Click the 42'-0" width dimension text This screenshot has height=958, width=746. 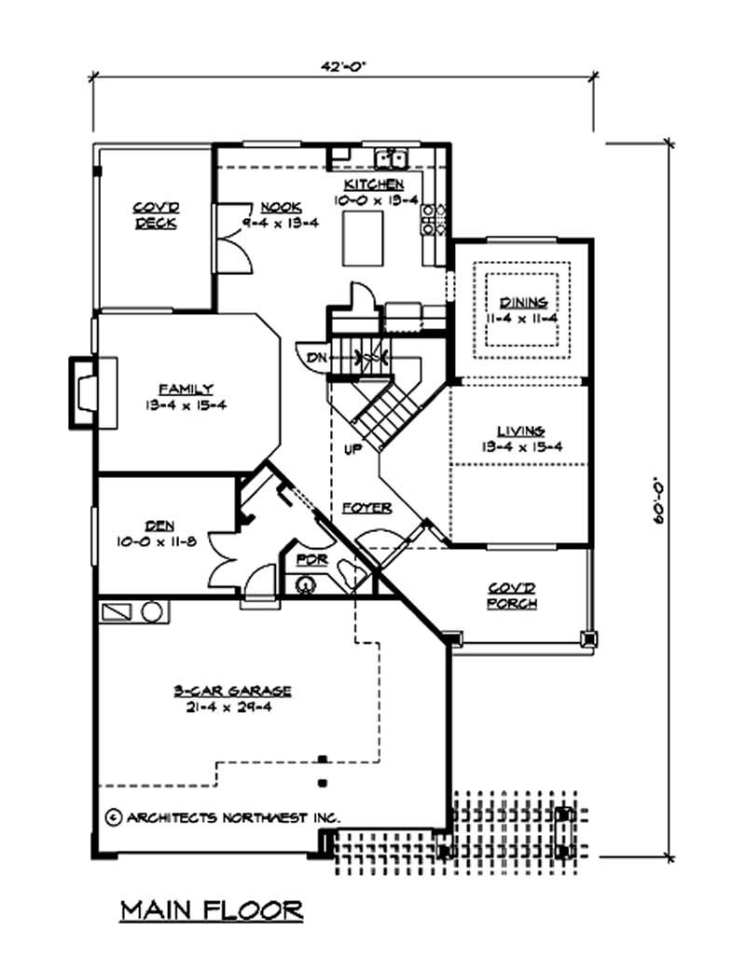tap(343, 67)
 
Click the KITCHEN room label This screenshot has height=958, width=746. tap(374, 185)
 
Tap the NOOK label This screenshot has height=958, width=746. tap(279, 207)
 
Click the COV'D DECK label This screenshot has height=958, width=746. tap(156, 216)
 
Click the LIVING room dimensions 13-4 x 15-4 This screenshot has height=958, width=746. tap(520, 446)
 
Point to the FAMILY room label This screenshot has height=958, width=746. tap(186, 389)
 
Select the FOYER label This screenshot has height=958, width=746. tap(366, 508)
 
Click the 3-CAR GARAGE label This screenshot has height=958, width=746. tap(233, 691)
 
